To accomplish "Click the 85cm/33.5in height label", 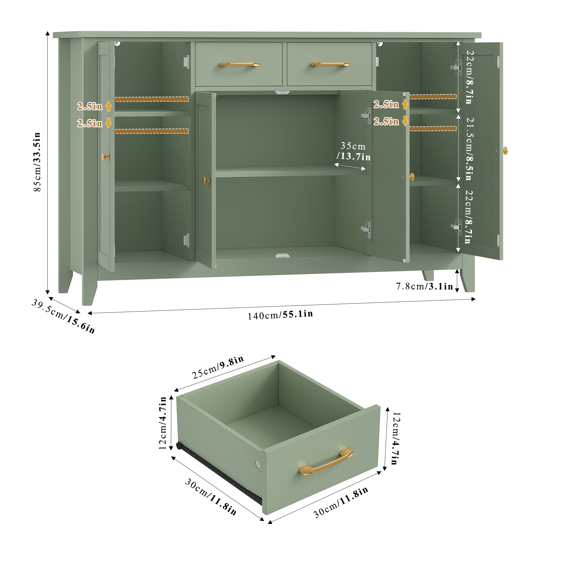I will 37,162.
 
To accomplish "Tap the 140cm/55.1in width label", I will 280,315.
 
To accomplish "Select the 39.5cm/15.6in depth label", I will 63,316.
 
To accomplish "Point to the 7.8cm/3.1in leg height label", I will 424,287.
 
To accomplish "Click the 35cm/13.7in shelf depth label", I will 353,151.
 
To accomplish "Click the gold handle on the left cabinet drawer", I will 239,64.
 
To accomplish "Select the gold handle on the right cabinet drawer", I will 330,64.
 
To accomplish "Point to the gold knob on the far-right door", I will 505,150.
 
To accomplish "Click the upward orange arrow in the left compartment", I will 109,106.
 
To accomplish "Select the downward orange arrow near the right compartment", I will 405,121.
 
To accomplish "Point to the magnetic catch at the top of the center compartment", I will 282,92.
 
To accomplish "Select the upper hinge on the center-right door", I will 366,116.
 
